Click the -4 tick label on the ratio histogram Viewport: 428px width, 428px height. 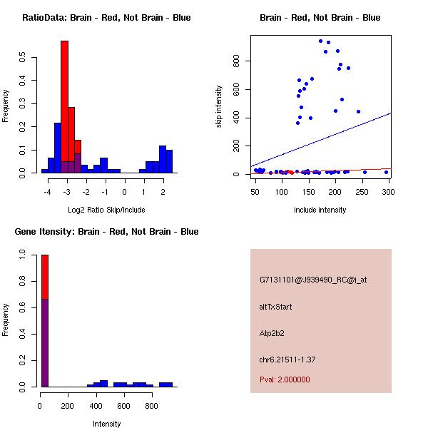[x=47, y=192]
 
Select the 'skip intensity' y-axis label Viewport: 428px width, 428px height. [x=220, y=107]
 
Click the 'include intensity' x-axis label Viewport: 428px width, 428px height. [x=320, y=209]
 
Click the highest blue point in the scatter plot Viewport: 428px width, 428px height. [x=320, y=41]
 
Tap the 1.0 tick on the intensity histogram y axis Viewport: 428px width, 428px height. [x=23, y=253]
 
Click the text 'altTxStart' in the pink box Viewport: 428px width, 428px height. [x=276, y=307]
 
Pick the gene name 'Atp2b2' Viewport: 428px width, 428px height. [x=272, y=333]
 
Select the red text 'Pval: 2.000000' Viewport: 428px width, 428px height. [x=285, y=379]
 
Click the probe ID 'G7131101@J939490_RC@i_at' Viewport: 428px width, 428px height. [x=313, y=280]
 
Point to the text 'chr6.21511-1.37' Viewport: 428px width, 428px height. [x=287, y=359]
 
